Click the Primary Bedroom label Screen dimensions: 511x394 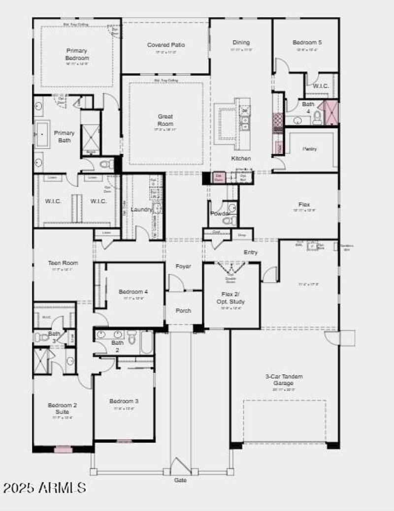click(x=77, y=54)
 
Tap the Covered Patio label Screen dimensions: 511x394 click(x=166, y=45)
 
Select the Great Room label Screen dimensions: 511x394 click(x=165, y=120)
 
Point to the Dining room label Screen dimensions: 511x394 click(x=241, y=43)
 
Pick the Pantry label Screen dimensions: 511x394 click(x=310, y=149)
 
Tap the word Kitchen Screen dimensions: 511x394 click(x=241, y=158)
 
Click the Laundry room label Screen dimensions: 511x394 click(x=141, y=210)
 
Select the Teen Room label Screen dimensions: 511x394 click(x=63, y=263)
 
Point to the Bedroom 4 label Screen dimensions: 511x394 click(x=133, y=292)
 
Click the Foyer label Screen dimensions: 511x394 click(x=183, y=267)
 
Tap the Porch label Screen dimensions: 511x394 click(x=183, y=311)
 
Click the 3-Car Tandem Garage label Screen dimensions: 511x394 click(x=283, y=380)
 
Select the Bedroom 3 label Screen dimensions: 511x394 click(x=124, y=401)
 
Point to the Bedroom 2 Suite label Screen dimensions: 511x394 click(x=63, y=408)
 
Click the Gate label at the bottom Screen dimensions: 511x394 click(x=181, y=480)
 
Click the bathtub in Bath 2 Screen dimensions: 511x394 click(x=147, y=342)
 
